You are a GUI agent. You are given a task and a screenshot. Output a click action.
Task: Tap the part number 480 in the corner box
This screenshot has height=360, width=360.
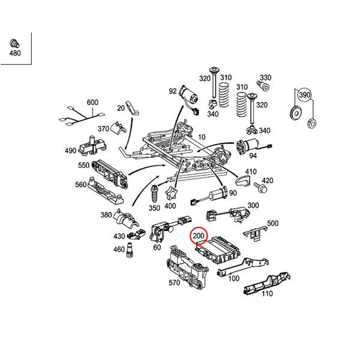coord(14,53)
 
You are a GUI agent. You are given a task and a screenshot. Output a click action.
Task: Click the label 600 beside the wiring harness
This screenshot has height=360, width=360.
coord(92,103)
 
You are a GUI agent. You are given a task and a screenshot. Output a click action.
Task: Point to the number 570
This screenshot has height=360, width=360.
coord(174,283)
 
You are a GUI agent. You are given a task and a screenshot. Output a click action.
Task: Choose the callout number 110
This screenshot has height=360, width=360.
coord(266,294)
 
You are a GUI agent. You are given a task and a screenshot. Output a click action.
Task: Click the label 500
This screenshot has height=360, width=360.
coord(272,223)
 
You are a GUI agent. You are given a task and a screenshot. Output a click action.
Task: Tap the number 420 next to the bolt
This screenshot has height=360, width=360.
coord(268,181)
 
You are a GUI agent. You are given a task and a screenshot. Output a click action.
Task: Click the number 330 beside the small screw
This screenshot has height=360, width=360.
coord(265,78)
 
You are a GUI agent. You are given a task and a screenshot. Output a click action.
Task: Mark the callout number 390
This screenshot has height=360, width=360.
coord(305,96)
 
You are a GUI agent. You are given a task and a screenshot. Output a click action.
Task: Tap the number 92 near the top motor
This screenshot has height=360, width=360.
coord(173,91)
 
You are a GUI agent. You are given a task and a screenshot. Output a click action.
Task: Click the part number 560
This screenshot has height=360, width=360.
coord(80,185)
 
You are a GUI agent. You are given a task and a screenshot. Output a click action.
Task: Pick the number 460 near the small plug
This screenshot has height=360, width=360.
coord(119,249)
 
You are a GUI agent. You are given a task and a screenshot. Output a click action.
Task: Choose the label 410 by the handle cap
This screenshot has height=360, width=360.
coord(250,171)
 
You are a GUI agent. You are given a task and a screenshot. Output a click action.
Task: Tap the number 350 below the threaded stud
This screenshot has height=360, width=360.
coord(154,208)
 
